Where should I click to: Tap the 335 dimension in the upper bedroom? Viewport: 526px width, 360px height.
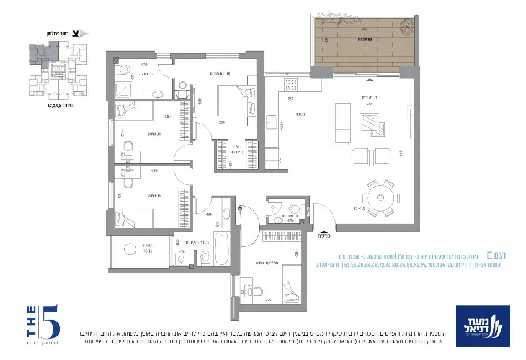coord(166,117)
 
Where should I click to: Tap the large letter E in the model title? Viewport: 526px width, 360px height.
coord(489,255)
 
